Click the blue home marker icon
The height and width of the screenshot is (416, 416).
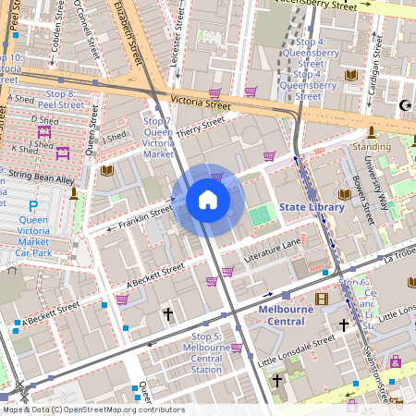[x=208, y=200]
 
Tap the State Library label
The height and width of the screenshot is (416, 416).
[x=312, y=207]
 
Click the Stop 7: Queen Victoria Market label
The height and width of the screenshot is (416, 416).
[x=158, y=138]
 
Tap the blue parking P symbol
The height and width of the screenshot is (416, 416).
[x=33, y=206]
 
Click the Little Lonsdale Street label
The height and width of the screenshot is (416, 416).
[x=295, y=349]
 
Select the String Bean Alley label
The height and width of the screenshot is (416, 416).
[x=37, y=177]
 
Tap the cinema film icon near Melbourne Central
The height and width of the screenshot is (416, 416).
[x=321, y=299]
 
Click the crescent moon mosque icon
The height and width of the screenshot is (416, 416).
[x=403, y=104]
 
